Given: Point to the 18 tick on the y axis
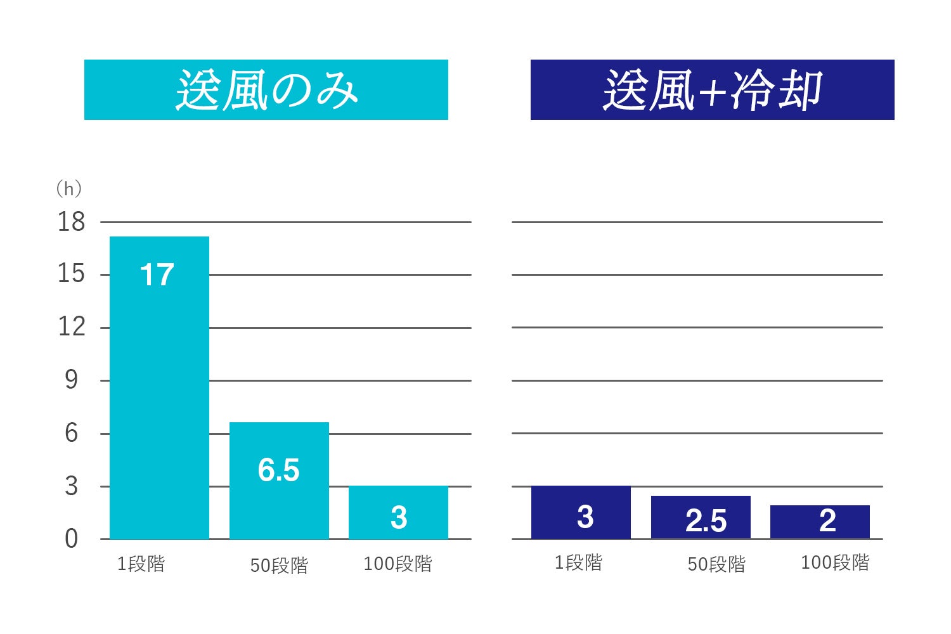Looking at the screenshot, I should (x=71, y=222).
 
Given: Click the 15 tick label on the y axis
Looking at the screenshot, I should (x=71, y=275).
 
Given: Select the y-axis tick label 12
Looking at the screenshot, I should (x=71, y=327).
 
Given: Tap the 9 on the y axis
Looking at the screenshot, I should (x=72, y=380).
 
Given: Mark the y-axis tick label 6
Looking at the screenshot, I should (x=72, y=434).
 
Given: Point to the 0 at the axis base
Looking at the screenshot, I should (x=72, y=539).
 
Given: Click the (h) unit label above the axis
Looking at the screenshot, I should (x=68, y=188).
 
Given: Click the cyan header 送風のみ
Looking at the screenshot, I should (x=266, y=89).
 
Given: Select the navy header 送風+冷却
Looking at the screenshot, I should (x=712, y=89).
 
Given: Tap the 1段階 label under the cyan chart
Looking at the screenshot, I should (x=141, y=564).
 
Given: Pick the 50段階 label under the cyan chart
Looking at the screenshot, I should (x=279, y=565).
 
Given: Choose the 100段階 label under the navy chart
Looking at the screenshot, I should (x=835, y=562).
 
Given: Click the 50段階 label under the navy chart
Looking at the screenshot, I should (x=716, y=564).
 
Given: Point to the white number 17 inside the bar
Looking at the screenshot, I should (x=157, y=275).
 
